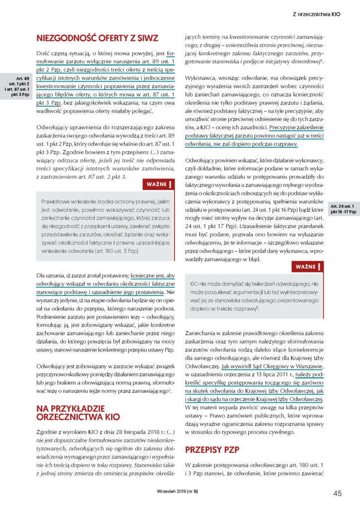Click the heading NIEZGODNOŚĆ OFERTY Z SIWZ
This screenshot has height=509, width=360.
coord(97,37)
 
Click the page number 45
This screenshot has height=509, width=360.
coord(337,493)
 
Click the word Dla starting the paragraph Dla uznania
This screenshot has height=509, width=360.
coord(41,274)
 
